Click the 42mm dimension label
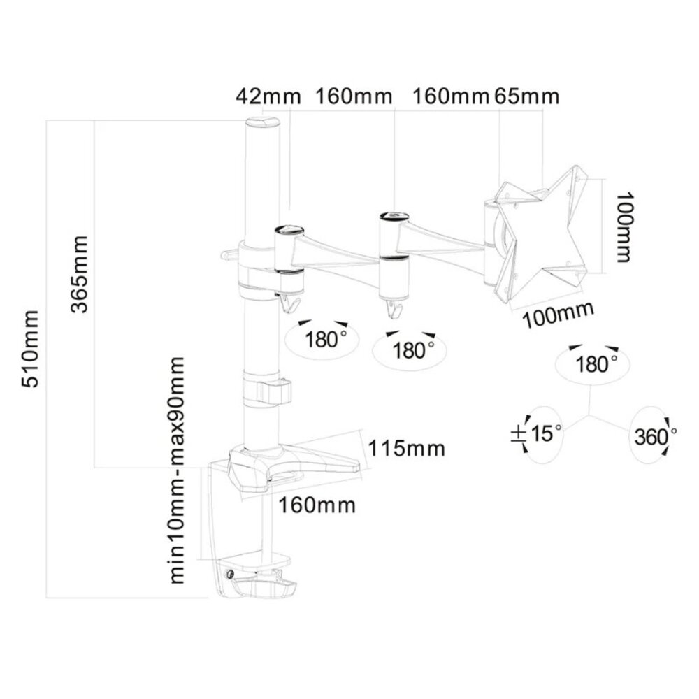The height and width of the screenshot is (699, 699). [258, 96]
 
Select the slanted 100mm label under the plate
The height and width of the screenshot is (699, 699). [556, 315]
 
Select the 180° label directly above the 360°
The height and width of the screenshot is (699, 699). [596, 363]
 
